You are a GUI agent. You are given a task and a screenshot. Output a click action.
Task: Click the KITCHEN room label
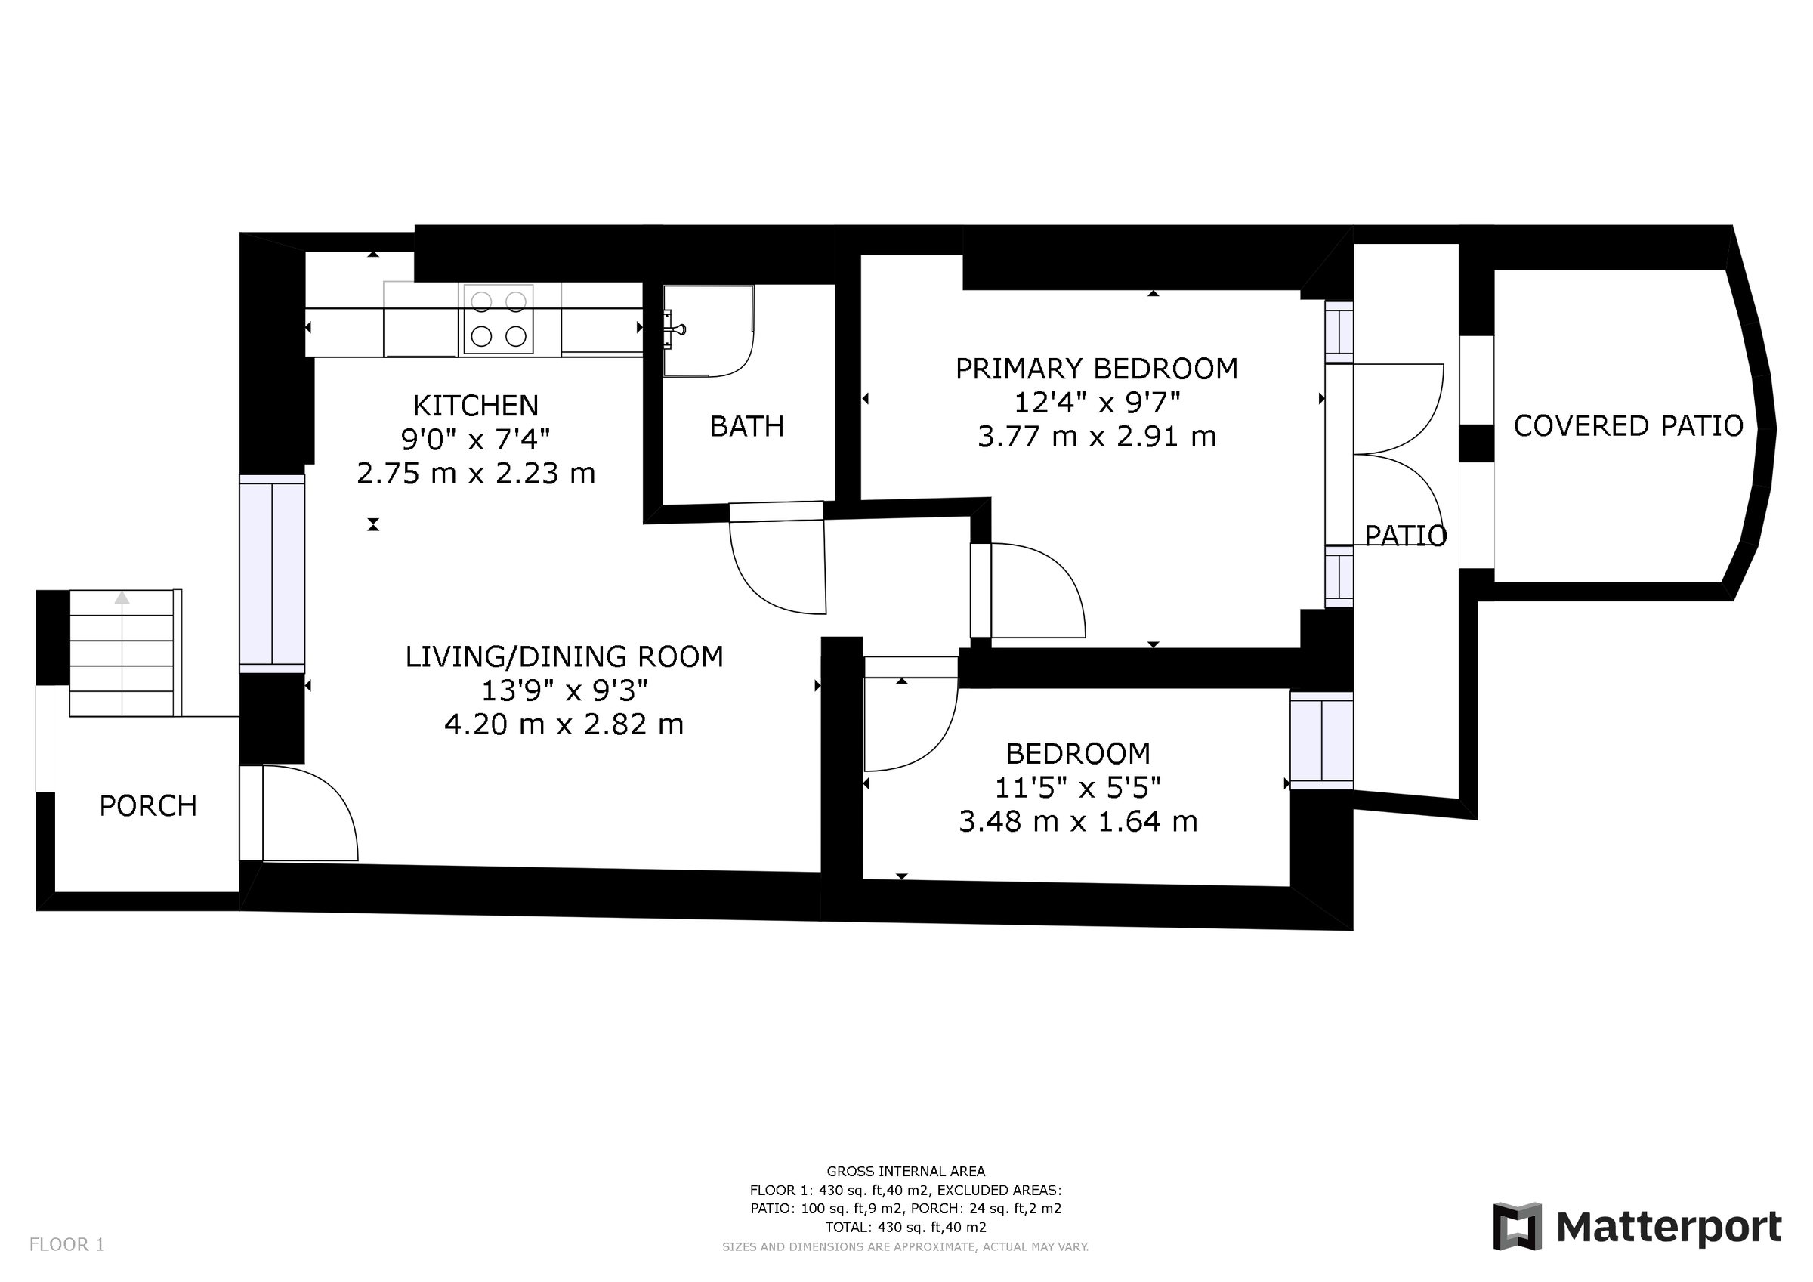click(475, 405)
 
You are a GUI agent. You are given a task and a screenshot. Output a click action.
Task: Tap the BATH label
click(746, 427)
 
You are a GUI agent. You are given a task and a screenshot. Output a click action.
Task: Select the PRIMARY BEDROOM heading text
click(1096, 369)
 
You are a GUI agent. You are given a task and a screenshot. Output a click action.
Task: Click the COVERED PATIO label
click(1627, 426)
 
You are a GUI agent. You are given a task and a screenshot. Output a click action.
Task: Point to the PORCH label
click(147, 806)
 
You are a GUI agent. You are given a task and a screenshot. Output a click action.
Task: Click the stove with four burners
click(499, 319)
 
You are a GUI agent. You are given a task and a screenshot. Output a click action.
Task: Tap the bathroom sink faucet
click(675, 329)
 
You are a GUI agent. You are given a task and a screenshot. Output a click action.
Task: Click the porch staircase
click(122, 653)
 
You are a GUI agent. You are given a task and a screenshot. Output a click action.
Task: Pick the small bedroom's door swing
click(908, 723)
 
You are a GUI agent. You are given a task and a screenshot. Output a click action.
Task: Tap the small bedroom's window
click(1321, 740)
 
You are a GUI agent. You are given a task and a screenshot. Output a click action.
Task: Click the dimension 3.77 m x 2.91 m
click(1096, 437)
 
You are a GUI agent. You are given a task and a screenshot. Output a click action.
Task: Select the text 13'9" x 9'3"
click(564, 690)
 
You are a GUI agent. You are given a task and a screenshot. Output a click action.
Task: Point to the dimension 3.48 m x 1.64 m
click(1078, 821)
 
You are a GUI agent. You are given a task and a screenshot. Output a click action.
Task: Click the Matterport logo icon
click(1516, 1227)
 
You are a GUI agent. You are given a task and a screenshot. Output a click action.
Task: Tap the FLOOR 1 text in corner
click(67, 1245)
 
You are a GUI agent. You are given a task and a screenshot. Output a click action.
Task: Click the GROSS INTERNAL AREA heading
click(906, 1172)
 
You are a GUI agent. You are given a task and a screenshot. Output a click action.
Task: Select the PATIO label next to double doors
click(1405, 536)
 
